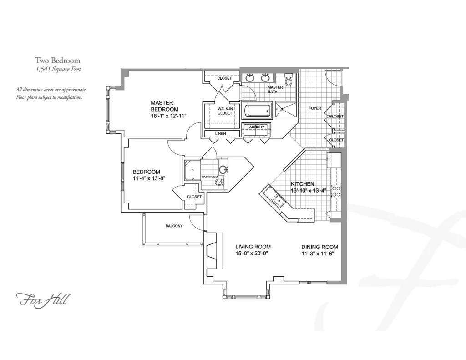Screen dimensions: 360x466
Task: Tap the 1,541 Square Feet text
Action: point(58,69)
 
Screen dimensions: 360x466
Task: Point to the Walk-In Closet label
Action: point(225,111)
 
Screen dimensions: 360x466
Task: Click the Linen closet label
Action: point(221,133)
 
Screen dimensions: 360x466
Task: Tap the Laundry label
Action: point(256,127)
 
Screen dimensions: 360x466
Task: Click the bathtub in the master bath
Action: point(257,111)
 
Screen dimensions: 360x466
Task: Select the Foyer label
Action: point(315,108)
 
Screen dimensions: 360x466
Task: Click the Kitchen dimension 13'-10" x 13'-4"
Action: point(309,190)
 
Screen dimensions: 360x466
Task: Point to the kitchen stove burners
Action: point(337,192)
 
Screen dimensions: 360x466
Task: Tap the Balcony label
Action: point(174,226)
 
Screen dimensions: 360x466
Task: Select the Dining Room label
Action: point(319,247)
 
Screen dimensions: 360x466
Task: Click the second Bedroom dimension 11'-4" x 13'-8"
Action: point(148,178)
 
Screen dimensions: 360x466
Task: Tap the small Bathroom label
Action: point(210,177)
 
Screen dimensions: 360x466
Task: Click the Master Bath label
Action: point(275,89)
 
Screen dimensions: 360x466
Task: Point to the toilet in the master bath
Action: point(288,81)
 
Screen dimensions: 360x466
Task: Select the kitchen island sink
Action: point(276,199)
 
